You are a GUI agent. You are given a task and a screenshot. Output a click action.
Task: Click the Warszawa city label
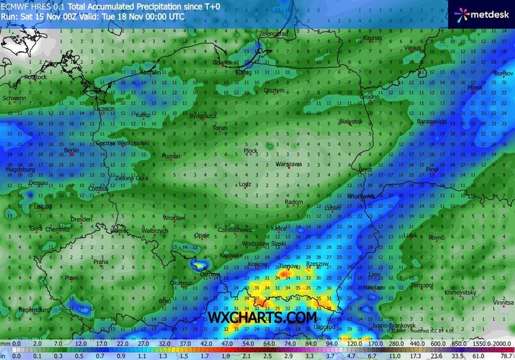pos(288,165)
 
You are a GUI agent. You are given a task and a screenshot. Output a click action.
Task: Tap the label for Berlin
pos(72,150)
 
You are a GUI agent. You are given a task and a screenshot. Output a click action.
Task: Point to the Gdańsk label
pos(222,63)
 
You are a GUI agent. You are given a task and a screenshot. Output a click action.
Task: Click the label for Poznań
pos(171,156)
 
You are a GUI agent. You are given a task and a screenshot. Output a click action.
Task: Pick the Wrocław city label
pos(174,218)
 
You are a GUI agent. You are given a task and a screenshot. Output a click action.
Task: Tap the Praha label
pos(100,262)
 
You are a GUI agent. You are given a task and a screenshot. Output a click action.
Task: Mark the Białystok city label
pos(350,121)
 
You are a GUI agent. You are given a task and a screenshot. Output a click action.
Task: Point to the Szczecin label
pos(104,109)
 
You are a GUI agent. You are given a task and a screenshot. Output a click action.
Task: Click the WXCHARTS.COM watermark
pos(263,318)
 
